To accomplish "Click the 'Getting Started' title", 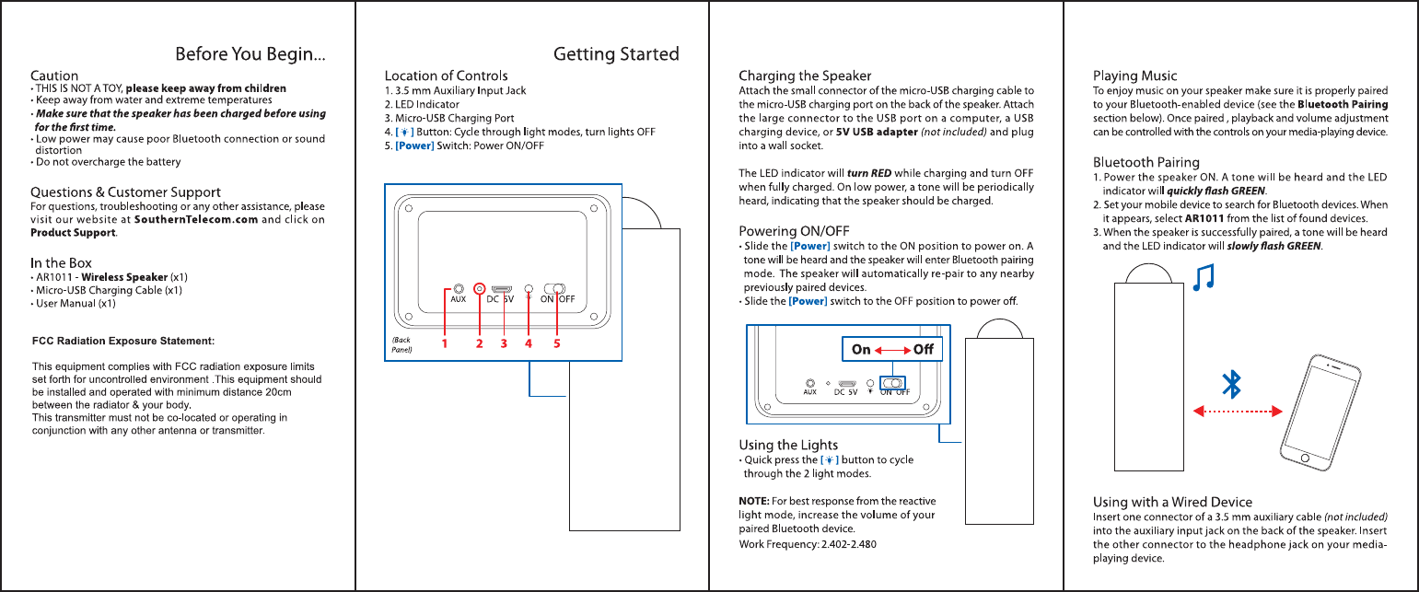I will click(x=616, y=54).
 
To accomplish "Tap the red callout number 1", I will click(x=444, y=343).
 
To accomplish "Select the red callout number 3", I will click(x=504, y=343).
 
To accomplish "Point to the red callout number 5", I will click(x=557, y=343).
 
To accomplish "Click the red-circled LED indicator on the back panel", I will click(x=480, y=289).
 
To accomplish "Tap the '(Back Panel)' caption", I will click(x=401, y=344).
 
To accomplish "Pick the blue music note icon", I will click(x=1204, y=277).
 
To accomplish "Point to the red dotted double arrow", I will click(x=1238, y=412).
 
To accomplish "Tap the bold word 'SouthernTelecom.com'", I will click(x=196, y=220).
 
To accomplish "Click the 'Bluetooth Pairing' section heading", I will click(x=1146, y=162).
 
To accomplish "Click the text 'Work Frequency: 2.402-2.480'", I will click(x=808, y=544).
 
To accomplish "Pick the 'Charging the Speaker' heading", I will click(x=805, y=75).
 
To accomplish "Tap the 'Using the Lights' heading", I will click(x=788, y=445).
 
